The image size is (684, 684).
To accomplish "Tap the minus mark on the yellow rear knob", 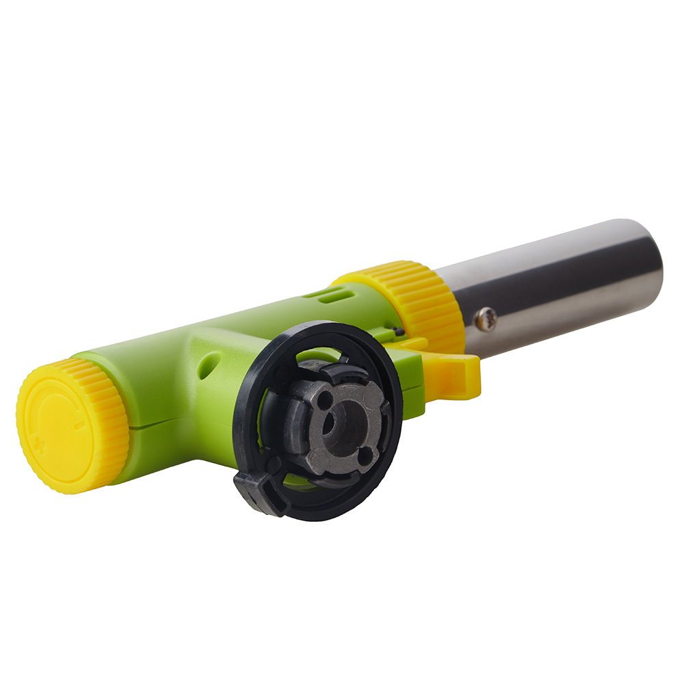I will [x=80, y=425].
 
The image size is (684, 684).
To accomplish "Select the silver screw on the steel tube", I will [x=486, y=318].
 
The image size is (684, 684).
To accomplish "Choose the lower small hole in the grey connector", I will [x=367, y=455].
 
